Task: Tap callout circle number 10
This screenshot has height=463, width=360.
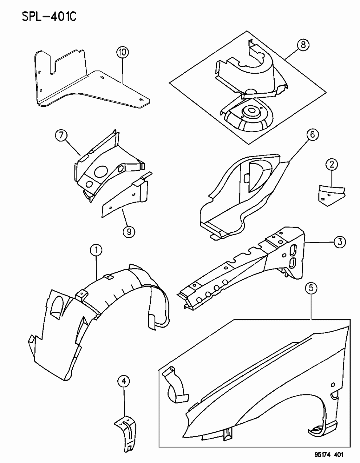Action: click(x=122, y=52)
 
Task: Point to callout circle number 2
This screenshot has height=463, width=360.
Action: click(x=331, y=165)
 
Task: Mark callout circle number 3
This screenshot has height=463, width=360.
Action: click(x=339, y=242)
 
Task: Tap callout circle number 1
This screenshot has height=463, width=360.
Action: click(x=96, y=250)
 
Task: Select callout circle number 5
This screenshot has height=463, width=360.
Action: click(x=311, y=289)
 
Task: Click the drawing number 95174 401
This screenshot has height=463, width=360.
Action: click(x=325, y=455)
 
